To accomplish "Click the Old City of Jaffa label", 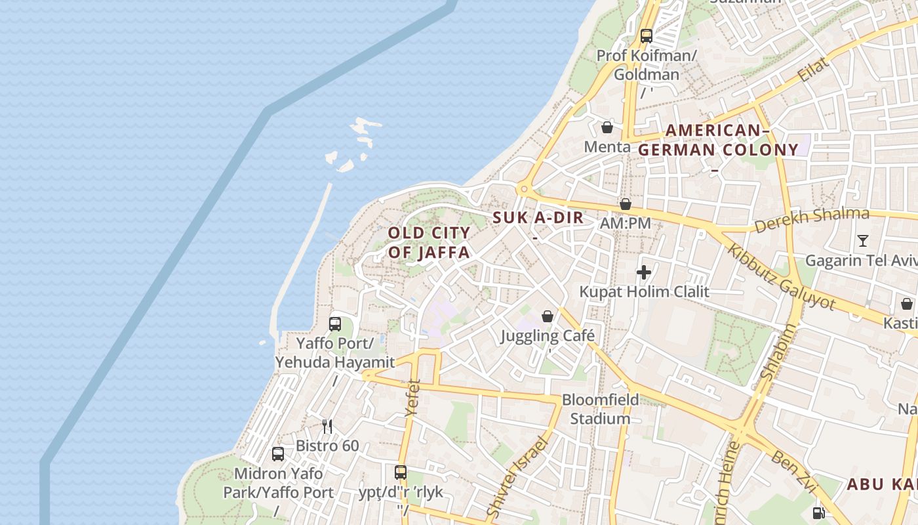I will coord(429,242).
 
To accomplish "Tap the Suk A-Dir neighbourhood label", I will coord(538,218).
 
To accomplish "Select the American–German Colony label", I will coord(718,140).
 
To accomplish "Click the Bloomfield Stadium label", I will coord(600,409).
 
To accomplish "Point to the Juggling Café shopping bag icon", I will coord(548,317).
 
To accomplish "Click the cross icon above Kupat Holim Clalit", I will coord(643,272).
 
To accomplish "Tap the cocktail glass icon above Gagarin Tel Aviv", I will coord(863,241).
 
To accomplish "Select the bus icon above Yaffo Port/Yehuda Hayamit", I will coord(335,324).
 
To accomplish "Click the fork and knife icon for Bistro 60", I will coord(327,427).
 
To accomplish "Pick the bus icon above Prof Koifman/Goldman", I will coord(647,36).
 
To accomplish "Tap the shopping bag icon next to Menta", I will coord(607,127).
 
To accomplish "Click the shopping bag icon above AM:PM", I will coord(626,204).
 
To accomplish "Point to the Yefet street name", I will coord(412,397).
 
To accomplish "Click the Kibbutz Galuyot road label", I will coord(782,277).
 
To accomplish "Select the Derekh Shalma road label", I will coord(812,220).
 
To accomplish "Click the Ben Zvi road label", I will coord(793,472).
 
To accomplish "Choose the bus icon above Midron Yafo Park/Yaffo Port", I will coord(278,454).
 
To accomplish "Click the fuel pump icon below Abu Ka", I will coord(819,513).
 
